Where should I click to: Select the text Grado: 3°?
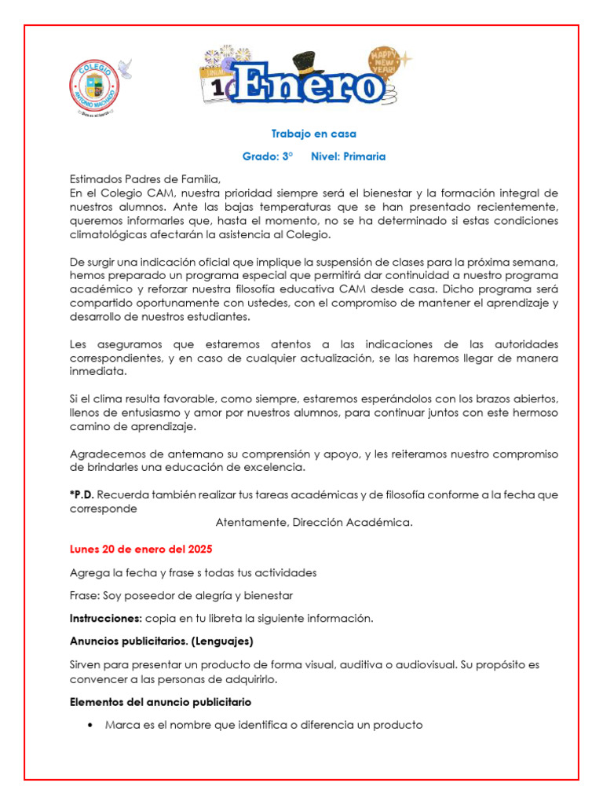267,156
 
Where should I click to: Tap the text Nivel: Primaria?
348,156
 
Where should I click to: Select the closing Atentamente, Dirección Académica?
313,522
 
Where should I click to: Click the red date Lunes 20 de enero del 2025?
141,549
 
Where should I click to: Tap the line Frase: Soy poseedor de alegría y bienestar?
181,595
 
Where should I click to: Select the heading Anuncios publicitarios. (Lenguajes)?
161,641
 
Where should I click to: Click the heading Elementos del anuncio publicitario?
160,701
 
